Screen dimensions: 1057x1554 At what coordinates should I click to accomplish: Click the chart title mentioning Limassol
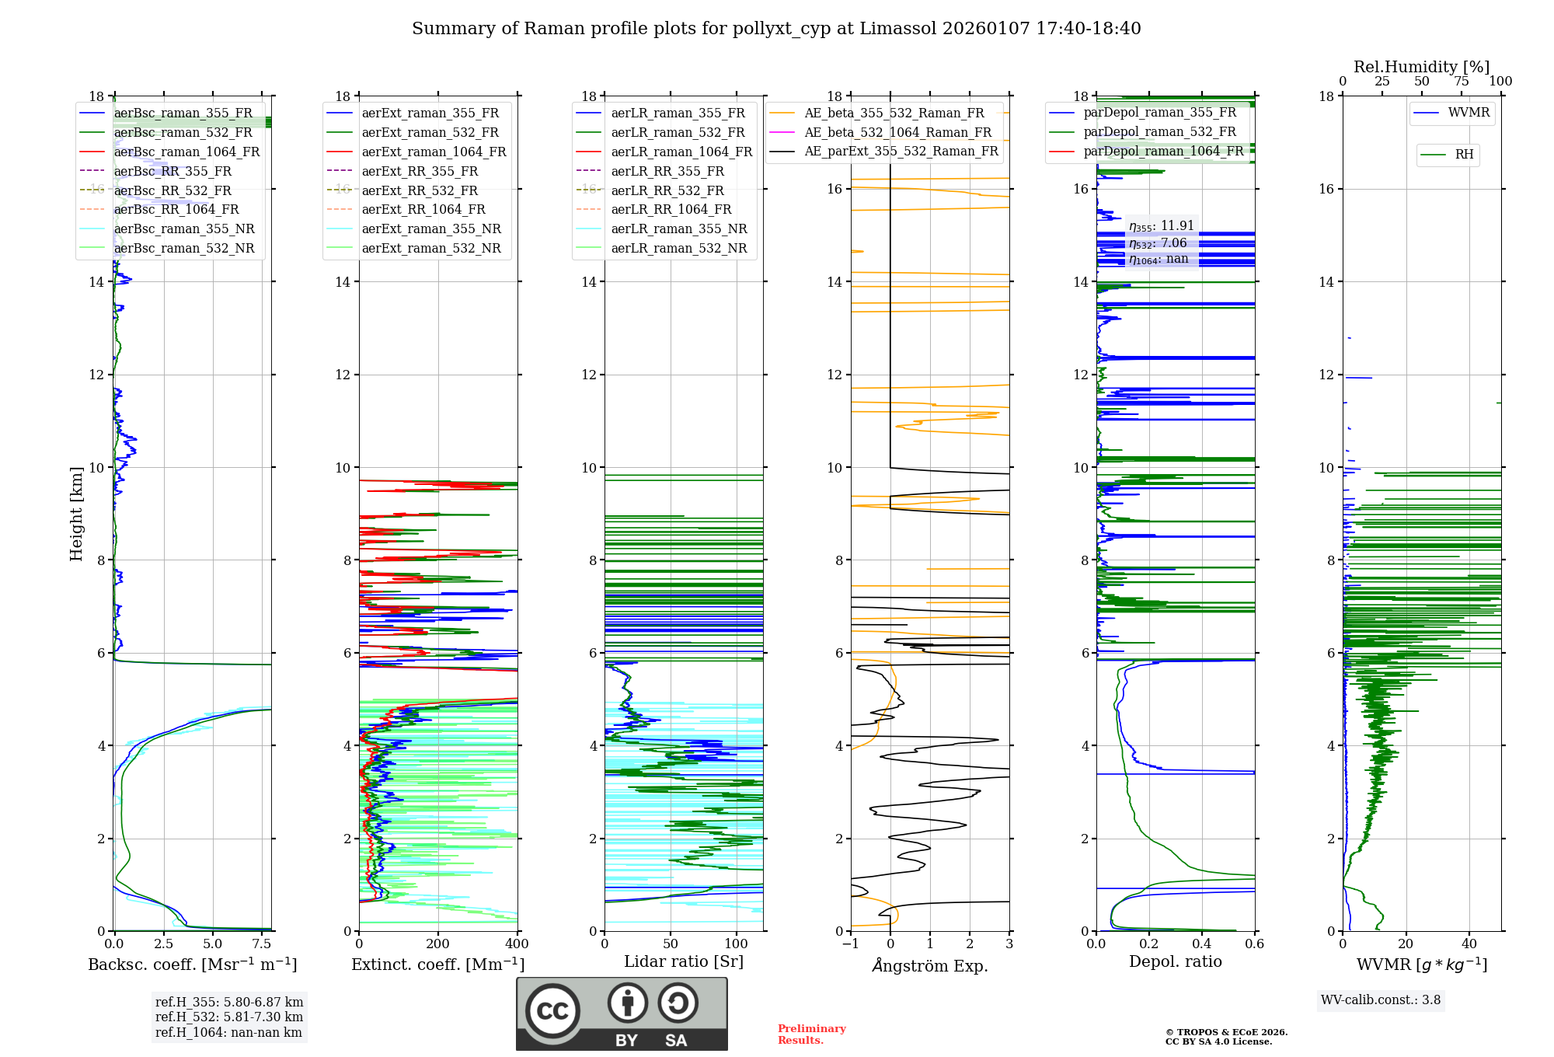(776, 29)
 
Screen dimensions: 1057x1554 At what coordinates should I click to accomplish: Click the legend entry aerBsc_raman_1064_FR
(186, 152)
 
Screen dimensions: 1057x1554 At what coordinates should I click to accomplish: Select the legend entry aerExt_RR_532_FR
(420, 190)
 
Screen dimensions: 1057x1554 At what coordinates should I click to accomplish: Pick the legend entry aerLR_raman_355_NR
(678, 228)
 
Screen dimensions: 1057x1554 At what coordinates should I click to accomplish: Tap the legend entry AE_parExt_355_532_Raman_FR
(901, 151)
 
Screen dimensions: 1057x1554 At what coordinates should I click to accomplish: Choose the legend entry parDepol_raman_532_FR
(1159, 132)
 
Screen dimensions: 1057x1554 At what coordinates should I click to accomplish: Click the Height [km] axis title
(76, 513)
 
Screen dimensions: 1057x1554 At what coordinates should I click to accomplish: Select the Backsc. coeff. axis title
(192, 965)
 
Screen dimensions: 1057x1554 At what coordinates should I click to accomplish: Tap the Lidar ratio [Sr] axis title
(684, 961)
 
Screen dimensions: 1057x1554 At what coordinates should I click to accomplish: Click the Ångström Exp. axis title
(930, 965)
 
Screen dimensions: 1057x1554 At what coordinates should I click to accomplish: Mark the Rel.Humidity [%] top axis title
(1421, 67)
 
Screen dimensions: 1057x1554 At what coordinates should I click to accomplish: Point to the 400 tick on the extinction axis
(517, 944)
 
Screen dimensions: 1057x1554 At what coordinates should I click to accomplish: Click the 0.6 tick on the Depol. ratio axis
(1254, 944)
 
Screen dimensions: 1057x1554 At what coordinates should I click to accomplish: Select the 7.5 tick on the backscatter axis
(262, 944)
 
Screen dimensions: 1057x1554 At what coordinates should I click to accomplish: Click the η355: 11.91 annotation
(1161, 226)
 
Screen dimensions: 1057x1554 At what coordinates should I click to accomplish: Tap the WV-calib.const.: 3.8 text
(1381, 1000)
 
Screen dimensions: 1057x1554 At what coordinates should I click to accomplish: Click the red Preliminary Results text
(811, 1034)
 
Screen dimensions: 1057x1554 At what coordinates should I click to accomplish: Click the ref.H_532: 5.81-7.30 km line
(229, 1017)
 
